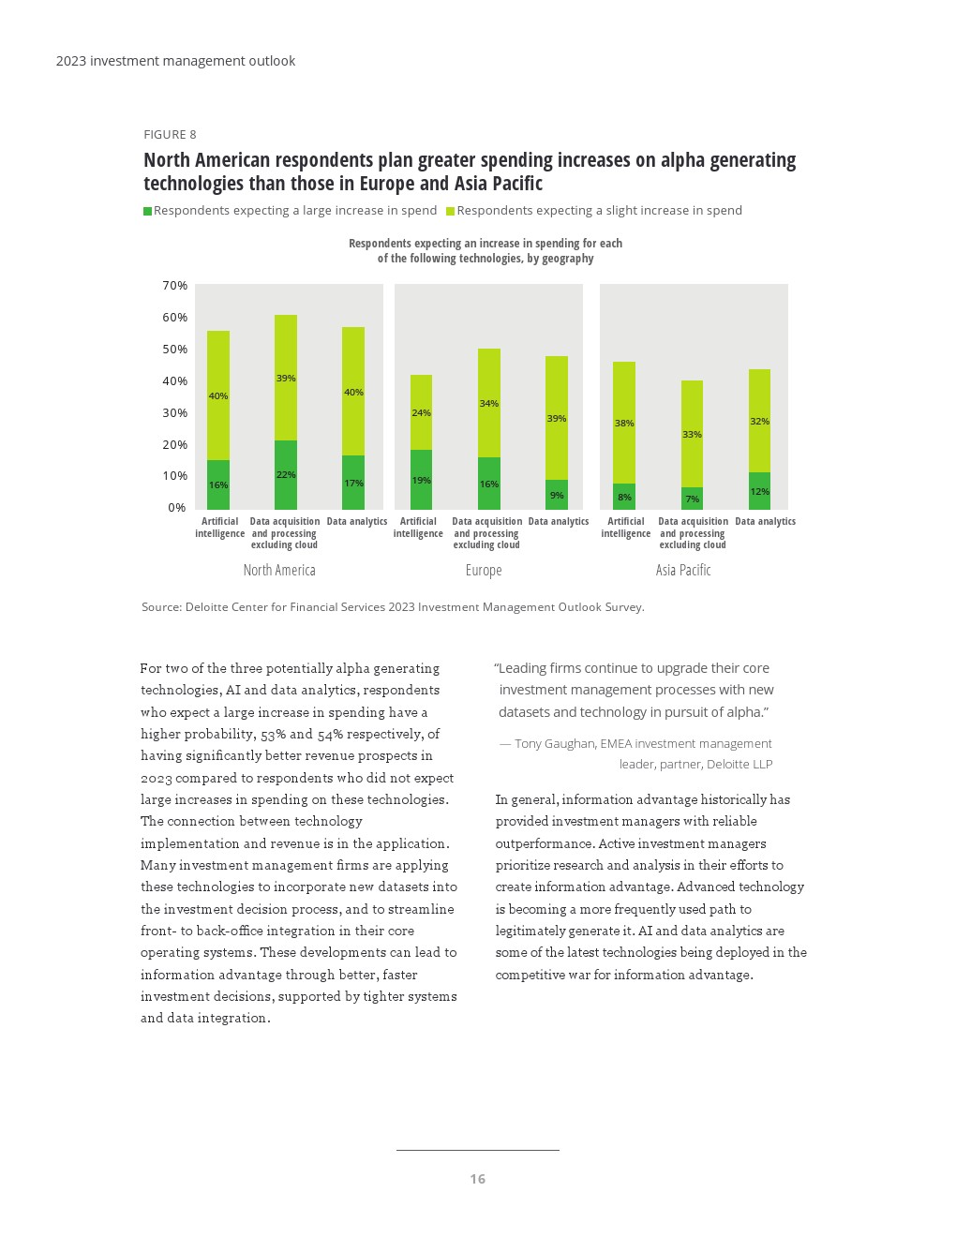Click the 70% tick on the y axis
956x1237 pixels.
175,285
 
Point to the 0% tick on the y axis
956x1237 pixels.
177,508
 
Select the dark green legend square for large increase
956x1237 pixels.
147,212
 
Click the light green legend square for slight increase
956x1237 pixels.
450,212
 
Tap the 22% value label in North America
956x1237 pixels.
286,475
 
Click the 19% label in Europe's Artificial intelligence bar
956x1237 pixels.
422,481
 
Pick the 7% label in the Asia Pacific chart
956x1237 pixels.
693,499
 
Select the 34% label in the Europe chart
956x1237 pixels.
489,404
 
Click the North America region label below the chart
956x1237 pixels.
279,570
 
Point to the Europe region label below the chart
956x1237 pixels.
484,570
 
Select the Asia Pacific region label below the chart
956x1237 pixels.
683,570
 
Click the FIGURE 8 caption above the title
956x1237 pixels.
170,134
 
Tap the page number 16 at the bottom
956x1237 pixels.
478,1179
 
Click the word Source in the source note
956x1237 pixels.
161,607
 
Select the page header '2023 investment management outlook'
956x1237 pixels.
175,61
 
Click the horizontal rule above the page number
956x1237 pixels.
478,1150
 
